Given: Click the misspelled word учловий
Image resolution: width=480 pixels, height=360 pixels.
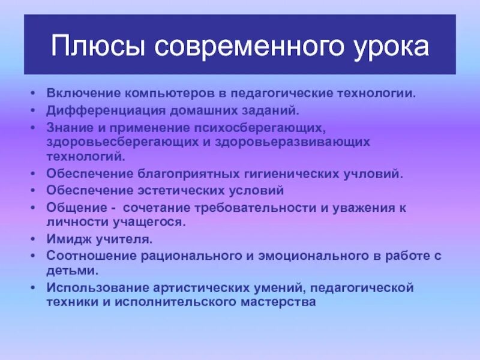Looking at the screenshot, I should [373, 175].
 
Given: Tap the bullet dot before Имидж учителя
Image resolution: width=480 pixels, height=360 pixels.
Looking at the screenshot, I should [33, 239].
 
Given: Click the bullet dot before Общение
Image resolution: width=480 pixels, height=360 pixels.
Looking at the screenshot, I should [33, 207].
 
